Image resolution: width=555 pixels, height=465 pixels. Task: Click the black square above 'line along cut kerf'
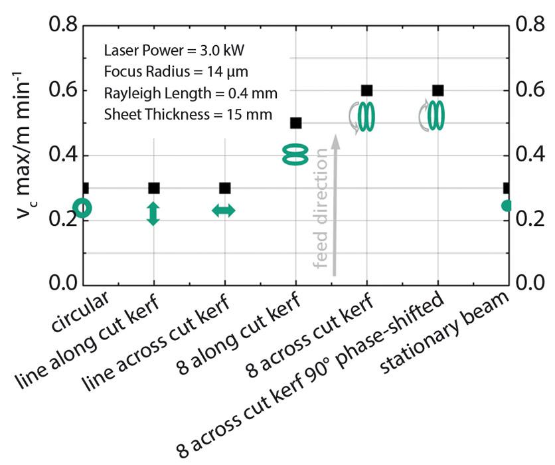[153, 188]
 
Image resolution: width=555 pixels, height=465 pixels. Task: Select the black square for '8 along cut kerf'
[295, 124]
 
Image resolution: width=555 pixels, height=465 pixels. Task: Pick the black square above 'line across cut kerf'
[225, 188]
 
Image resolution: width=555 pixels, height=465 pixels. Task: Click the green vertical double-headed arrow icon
[153, 213]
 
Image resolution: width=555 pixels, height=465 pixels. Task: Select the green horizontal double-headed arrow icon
[223, 211]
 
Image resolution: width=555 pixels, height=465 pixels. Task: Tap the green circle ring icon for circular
[84, 208]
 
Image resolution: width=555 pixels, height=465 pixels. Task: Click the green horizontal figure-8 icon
[295, 155]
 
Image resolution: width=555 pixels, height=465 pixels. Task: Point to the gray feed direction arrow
[335, 205]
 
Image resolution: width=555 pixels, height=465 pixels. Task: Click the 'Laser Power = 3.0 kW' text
[174, 50]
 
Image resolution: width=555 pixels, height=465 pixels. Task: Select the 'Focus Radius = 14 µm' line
[176, 72]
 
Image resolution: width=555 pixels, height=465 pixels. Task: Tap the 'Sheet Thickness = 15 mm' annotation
[188, 114]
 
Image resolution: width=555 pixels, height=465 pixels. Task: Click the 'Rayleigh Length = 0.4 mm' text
[191, 93]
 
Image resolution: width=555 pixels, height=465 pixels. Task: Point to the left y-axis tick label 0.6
[63, 90]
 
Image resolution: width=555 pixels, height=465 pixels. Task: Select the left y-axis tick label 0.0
[63, 283]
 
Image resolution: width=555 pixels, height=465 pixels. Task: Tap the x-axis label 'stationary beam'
[444, 333]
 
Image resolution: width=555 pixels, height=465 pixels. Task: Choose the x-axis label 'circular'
[80, 312]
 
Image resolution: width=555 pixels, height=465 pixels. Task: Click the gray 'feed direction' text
[321, 208]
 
